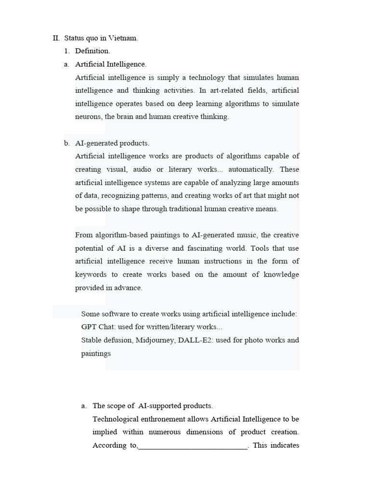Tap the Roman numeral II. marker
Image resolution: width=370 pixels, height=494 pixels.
56,38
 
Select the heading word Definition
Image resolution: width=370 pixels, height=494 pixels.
92,51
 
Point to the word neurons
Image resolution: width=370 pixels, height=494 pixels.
88,117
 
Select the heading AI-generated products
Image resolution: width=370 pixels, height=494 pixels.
112,143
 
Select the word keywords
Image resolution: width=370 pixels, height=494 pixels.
91,274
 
